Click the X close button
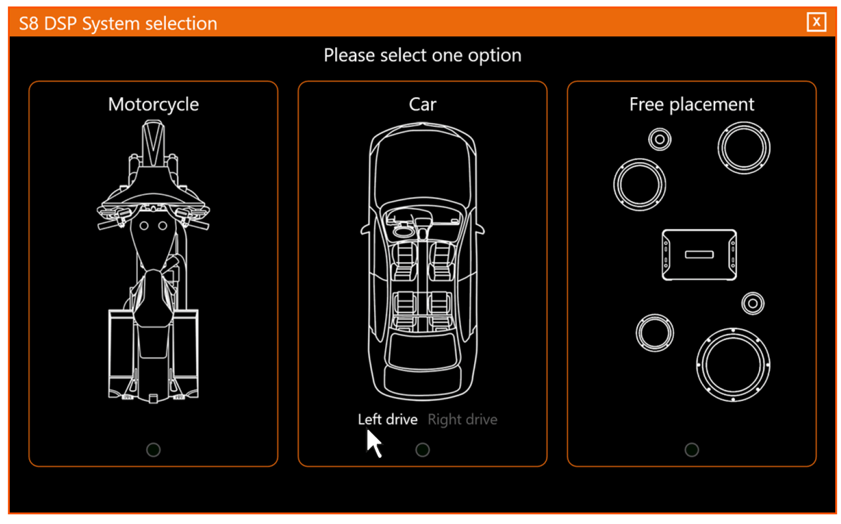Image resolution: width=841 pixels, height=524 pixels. pyautogui.click(x=816, y=22)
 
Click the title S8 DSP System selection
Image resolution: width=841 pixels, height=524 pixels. pyautogui.click(x=118, y=24)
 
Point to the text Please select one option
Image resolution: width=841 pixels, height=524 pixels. pyautogui.click(x=422, y=55)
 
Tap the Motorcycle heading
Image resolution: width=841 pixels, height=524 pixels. pyautogui.click(x=153, y=104)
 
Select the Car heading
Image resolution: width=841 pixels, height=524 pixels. pyautogui.click(x=422, y=104)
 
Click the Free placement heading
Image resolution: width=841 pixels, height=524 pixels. pyautogui.click(x=691, y=104)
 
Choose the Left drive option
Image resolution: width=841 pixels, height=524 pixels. pyautogui.click(x=387, y=419)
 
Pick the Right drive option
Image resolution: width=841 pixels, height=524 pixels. pyautogui.click(x=462, y=419)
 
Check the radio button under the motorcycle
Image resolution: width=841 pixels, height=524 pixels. pyautogui.click(x=153, y=450)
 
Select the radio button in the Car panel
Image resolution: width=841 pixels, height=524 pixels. pyautogui.click(x=423, y=450)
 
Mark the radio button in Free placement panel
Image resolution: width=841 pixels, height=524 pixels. pyautogui.click(x=692, y=450)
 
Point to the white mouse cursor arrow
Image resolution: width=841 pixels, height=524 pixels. pyautogui.click(x=373, y=443)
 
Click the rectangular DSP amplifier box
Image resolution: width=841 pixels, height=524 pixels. pyautogui.click(x=699, y=255)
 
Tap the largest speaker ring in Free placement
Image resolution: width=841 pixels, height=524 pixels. pyautogui.click(x=733, y=365)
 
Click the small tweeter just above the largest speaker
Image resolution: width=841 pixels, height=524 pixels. pyautogui.click(x=752, y=303)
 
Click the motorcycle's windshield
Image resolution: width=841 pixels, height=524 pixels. pyautogui.click(x=153, y=144)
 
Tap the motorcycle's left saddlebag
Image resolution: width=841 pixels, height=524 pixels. pyautogui.click(x=121, y=353)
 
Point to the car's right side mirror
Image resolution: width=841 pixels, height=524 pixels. pyautogui.click(x=480, y=230)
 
